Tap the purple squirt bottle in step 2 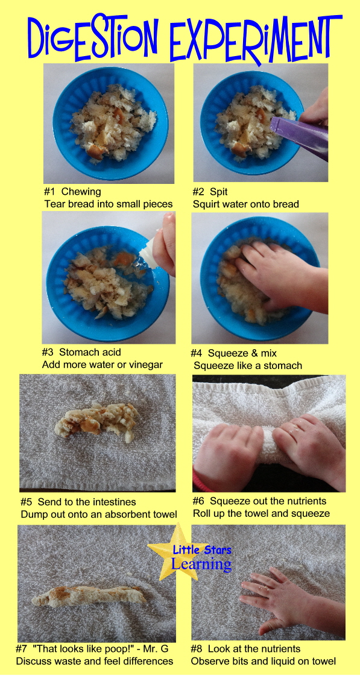pos(300,135)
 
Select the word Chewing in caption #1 pos(81,191)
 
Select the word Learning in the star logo pos(201,564)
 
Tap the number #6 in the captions pos(200,501)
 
